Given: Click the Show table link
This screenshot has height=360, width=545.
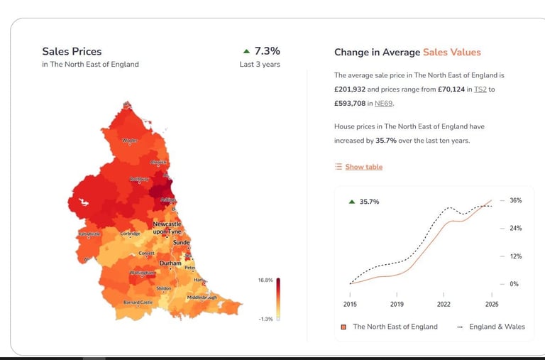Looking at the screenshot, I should point(363,167).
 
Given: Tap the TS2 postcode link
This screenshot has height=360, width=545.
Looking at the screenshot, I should point(480,89).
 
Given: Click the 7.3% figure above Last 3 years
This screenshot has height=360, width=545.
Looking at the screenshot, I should point(267,51).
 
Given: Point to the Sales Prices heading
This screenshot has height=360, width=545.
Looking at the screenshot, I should point(72,51).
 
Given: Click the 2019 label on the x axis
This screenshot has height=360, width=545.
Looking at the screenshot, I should point(396,304).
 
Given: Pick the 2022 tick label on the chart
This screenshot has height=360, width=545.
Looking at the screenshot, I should point(444,304).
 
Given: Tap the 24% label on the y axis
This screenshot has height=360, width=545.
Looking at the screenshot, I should point(515,228).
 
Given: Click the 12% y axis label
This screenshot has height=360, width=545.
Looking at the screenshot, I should point(515,256).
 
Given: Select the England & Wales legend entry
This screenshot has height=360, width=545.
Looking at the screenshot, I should point(497,327).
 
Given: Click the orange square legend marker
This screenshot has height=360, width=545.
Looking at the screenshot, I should point(343,327).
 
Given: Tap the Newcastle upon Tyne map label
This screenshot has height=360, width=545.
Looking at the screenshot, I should point(167,228).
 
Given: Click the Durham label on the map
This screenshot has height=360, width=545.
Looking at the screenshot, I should point(170,263).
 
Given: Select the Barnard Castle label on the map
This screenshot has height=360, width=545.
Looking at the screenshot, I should point(138,302).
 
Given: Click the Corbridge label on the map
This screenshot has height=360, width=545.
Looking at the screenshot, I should point(130,234).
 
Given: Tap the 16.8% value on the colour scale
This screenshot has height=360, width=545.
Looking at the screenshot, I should point(265,280).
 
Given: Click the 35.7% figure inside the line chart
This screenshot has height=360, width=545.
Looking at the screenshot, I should point(369,202).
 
